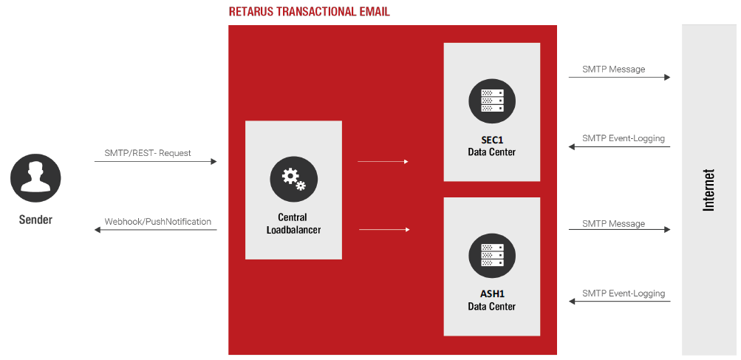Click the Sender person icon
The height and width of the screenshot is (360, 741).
click(x=35, y=180)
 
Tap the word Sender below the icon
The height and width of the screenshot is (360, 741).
click(x=35, y=220)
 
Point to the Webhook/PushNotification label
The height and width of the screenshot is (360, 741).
click(x=158, y=222)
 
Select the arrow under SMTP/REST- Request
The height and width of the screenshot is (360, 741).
click(x=155, y=161)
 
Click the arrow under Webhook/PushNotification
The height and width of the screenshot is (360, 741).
click(x=155, y=230)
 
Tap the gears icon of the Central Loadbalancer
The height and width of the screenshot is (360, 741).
click(x=293, y=179)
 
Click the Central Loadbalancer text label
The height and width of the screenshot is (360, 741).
click(x=293, y=224)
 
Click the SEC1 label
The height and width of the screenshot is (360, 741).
click(x=492, y=140)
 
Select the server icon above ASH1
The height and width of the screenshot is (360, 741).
click(x=492, y=254)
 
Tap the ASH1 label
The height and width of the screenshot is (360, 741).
click(x=492, y=293)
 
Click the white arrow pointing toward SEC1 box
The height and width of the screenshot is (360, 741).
click(x=383, y=161)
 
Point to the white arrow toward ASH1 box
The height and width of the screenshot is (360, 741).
click(x=384, y=230)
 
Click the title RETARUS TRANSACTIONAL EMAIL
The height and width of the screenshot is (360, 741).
click(x=309, y=12)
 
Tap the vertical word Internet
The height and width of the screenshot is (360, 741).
click(x=709, y=190)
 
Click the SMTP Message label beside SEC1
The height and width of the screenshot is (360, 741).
click(x=613, y=69)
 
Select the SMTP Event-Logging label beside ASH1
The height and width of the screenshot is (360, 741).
click(x=624, y=293)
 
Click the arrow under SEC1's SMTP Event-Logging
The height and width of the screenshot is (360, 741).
click(x=619, y=147)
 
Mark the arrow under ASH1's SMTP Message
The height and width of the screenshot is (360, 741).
click(x=619, y=230)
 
